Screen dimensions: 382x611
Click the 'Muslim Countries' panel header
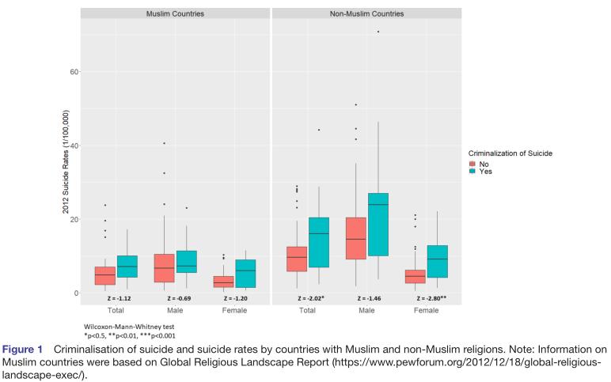click(175, 14)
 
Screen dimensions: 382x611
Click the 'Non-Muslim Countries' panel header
click(366, 14)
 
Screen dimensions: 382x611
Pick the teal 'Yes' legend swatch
click(472, 171)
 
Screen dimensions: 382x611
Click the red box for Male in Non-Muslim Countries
click(356, 238)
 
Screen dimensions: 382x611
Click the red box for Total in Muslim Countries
click(104, 275)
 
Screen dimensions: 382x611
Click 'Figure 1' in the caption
click(23, 349)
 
